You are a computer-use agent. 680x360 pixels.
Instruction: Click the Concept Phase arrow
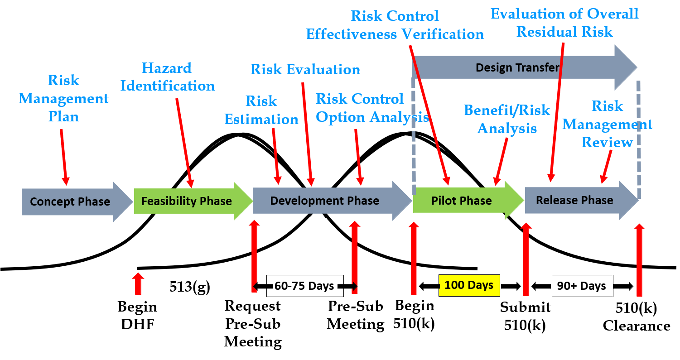[70, 202]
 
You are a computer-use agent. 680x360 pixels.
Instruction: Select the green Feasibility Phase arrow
[187, 201]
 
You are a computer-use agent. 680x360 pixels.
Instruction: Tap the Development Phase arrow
[324, 201]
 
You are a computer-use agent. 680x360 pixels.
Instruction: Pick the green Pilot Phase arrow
[461, 201]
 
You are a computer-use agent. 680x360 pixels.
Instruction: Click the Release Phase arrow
[574, 200]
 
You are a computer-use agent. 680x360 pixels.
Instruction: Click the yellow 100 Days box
[469, 286]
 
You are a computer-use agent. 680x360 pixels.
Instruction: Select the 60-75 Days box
[304, 286]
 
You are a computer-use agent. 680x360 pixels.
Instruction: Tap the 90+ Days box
[582, 286]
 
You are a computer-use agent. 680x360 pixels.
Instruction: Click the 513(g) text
[190, 287]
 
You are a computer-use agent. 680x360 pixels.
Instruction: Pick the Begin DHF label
[137, 315]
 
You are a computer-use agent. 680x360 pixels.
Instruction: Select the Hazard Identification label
[168, 77]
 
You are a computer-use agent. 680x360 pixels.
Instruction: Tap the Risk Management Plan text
[63, 98]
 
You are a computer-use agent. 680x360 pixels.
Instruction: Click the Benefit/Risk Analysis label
[507, 119]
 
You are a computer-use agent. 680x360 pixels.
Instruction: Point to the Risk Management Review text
[607, 124]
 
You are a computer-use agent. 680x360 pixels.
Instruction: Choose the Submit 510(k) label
[525, 316]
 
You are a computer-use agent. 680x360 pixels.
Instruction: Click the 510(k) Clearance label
[636, 317]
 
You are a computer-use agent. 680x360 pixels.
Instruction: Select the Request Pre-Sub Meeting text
[253, 323]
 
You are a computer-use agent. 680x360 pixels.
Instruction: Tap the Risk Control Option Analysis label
[372, 108]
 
